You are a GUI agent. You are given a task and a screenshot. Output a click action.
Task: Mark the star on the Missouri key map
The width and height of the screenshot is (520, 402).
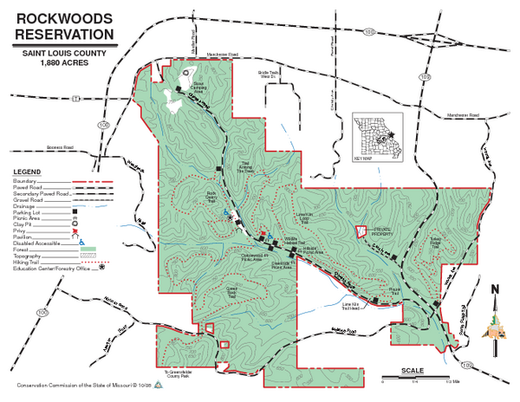point(392,134)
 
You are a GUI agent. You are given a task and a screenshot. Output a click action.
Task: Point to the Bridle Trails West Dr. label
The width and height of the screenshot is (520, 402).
point(267,75)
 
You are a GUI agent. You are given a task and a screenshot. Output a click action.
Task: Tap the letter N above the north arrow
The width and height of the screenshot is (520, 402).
point(495,290)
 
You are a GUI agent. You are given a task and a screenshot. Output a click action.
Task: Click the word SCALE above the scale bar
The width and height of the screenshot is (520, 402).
point(413,370)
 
